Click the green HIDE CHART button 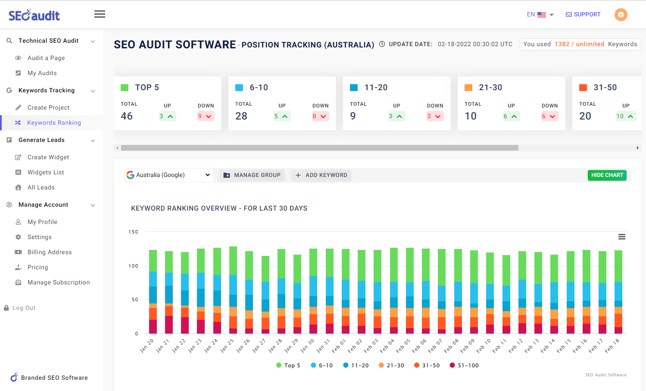pos(607,175)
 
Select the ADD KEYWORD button pos(321,175)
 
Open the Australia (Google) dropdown pos(169,175)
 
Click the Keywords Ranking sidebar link pos(54,123)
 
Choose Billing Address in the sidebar pos(50,252)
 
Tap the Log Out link pos(24,308)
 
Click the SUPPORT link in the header pos(583,14)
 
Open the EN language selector pos(540,14)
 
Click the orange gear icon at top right pos(621,14)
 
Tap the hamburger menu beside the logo pos(100,14)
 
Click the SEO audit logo pos(34,15)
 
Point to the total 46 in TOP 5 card pos(127,116)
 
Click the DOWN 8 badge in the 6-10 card pos(320,116)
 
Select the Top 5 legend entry pos(288,365)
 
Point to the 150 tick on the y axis pos(133,232)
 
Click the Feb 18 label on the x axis pos(612,346)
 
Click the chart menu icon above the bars pos(621,236)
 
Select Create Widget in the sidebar pos(48,157)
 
